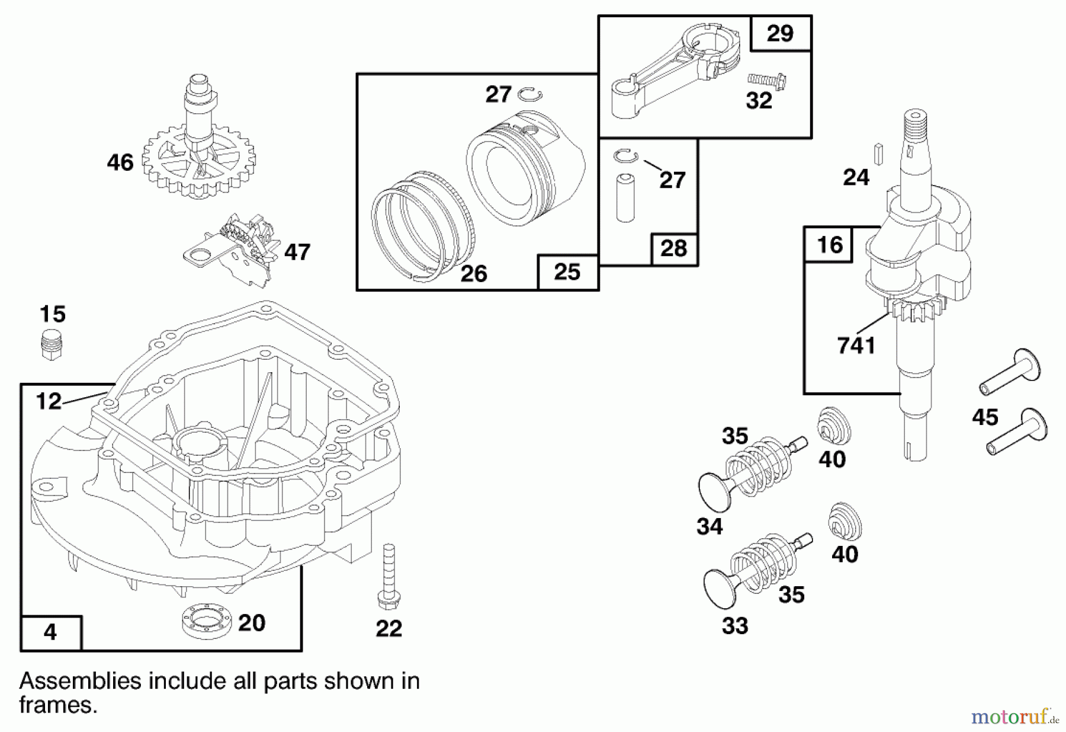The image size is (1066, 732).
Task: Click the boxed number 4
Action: (x=50, y=632)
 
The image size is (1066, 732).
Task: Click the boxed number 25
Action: (x=567, y=272)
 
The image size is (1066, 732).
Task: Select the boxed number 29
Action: (x=780, y=33)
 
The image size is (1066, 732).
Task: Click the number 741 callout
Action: (x=856, y=346)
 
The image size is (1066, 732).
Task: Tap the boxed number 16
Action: (x=829, y=245)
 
